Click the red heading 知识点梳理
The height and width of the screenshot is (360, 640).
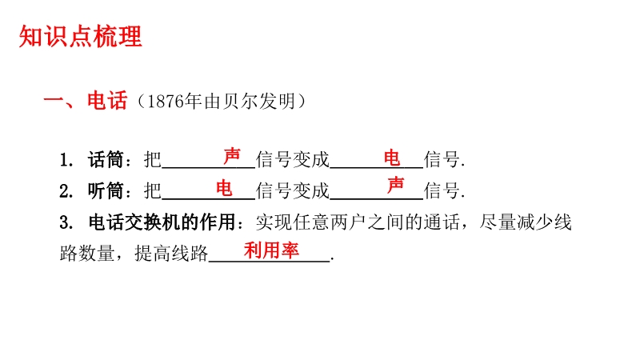[x=81, y=36]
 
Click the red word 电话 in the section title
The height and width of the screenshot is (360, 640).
[x=107, y=101]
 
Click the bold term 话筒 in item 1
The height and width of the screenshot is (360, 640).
[x=106, y=159]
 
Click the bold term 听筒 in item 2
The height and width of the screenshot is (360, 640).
[x=106, y=190]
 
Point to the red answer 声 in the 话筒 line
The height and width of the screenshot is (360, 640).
[x=232, y=156]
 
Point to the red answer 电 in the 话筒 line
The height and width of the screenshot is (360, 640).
[x=392, y=158]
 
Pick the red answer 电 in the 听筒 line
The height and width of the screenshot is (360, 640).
[x=224, y=188]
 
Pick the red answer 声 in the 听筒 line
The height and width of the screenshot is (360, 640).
[x=395, y=186]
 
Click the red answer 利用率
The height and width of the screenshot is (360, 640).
[x=271, y=250]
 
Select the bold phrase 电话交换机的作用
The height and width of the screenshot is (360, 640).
[x=162, y=222]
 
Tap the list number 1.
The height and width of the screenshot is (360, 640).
[x=66, y=160]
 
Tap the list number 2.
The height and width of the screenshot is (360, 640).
[x=66, y=191]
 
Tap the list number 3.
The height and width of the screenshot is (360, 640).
[x=66, y=223]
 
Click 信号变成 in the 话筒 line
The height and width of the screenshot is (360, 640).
[x=292, y=159]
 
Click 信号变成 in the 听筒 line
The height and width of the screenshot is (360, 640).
[x=292, y=190]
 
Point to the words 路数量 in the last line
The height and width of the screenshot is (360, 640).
[x=86, y=254]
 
